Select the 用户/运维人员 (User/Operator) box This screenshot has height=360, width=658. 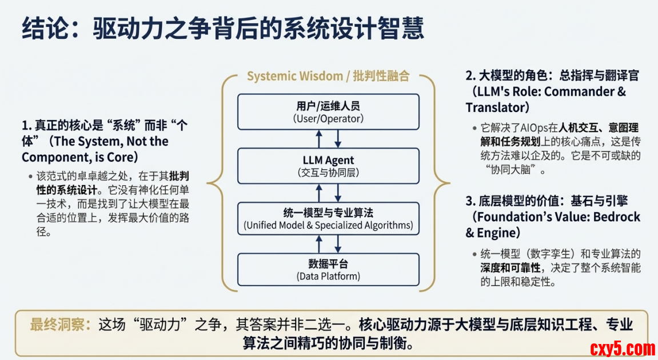pos(328,112)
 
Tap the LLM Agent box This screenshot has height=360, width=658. pos(328,166)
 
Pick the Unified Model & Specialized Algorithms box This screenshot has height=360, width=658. pos(328,219)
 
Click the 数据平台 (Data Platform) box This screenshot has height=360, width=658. pos(328,270)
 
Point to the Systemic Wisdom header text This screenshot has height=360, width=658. pos(328,77)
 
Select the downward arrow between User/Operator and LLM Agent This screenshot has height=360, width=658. pos(338,139)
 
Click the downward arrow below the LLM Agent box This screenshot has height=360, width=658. pos(338,193)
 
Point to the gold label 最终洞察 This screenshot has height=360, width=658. pos(59,325)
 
